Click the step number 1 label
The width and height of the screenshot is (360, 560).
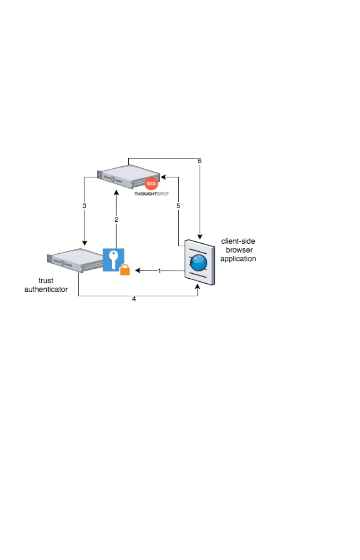[159, 271]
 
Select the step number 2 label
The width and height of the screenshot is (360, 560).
[117, 220]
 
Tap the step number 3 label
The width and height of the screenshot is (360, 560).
[85, 206]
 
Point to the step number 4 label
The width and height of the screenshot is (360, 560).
[134, 299]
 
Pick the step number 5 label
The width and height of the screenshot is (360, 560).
[179, 206]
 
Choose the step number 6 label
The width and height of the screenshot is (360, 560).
[200, 161]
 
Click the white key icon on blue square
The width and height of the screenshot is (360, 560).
[113, 260]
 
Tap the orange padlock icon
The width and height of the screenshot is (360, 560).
[125, 270]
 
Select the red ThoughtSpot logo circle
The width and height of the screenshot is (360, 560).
[150, 184]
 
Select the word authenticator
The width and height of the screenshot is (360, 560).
[46, 289]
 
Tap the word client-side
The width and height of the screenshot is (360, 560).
[238, 242]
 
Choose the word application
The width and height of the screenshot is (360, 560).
[238, 258]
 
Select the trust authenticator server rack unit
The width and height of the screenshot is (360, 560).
[75, 259]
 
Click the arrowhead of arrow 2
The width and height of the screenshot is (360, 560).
[117, 193]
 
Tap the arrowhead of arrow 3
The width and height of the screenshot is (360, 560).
[85, 243]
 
